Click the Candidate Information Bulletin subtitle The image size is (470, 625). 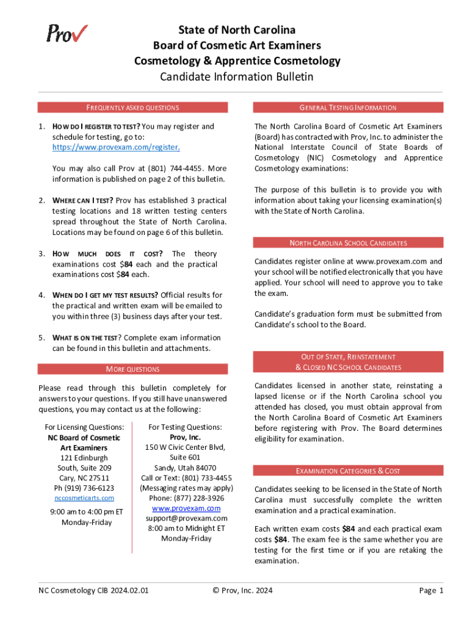[237, 77]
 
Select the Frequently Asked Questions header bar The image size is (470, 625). [132, 107]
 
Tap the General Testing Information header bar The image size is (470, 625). [349, 107]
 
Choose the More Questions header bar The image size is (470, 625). [132, 369]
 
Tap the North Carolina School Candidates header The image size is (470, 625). [349, 243]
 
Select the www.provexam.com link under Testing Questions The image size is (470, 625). [186, 508]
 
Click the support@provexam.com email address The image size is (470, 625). [186, 518]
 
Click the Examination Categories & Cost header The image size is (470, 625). [349, 471]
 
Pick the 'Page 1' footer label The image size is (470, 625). [431, 590]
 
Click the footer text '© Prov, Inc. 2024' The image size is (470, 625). [242, 590]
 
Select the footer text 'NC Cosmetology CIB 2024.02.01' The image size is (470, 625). [93, 590]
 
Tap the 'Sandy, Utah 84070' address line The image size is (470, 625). [186, 468]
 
